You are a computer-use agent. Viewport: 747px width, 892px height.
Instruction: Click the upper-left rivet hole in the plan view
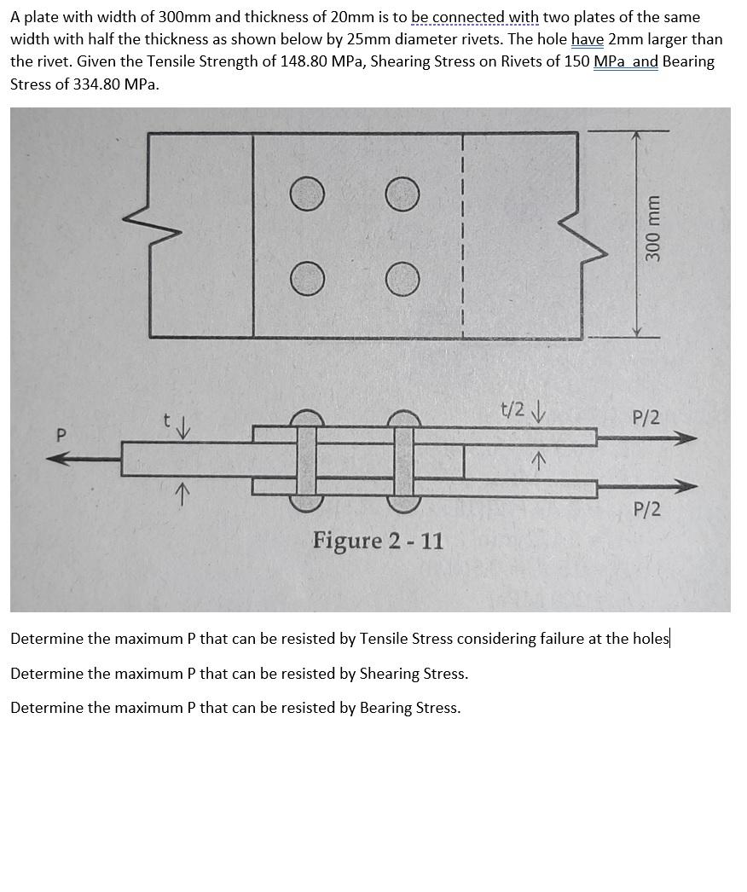click(306, 194)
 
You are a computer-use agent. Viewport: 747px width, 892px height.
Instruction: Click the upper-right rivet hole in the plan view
click(402, 194)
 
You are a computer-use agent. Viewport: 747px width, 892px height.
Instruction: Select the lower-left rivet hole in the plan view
click(306, 279)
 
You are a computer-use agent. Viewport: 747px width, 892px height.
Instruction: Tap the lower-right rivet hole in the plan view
click(402, 279)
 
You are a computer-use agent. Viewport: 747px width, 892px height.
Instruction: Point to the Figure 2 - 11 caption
click(378, 541)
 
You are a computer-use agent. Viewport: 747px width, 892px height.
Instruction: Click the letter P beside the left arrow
click(60, 435)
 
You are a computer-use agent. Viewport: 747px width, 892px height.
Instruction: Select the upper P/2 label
click(646, 418)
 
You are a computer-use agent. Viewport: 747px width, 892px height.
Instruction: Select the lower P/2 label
click(646, 509)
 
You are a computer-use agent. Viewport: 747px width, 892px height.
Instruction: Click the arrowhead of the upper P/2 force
click(686, 438)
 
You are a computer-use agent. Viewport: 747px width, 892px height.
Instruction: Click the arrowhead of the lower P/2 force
click(686, 487)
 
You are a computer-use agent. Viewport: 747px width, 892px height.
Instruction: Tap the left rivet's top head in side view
click(306, 417)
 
